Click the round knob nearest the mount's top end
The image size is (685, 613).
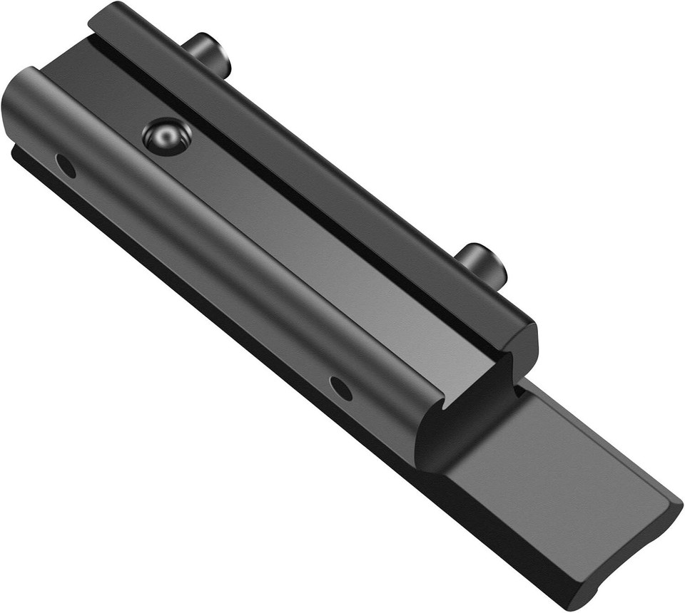(208, 53)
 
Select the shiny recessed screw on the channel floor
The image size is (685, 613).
(166, 135)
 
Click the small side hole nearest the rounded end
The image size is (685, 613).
(66, 166)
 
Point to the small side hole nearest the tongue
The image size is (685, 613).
(341, 388)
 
